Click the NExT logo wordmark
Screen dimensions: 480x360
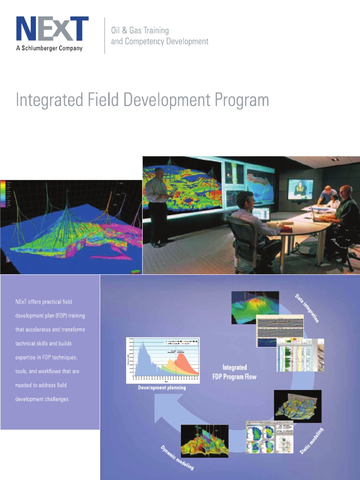point(52,29)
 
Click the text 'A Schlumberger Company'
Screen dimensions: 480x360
point(49,48)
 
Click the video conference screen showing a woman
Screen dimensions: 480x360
point(300,190)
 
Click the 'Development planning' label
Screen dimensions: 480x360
point(162,388)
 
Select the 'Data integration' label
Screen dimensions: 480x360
point(307,308)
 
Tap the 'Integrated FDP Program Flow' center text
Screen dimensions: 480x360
point(234,372)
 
